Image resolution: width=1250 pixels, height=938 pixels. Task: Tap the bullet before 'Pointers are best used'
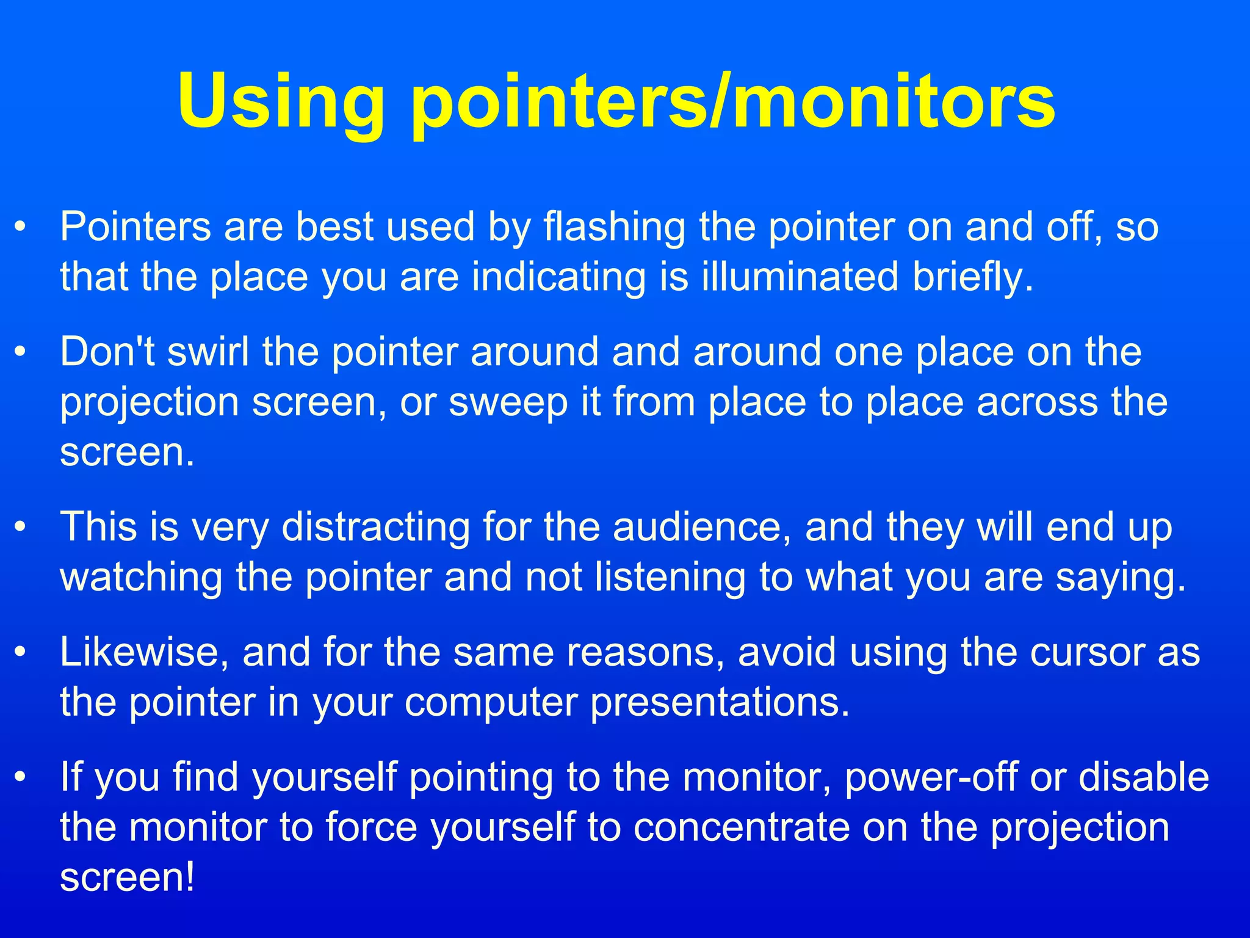pyautogui.click(x=21, y=227)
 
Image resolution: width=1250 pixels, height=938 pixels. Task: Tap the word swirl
pyautogui.click(x=208, y=352)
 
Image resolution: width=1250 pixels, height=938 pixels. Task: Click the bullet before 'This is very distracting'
pyautogui.click(x=21, y=527)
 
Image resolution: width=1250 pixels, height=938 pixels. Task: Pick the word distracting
pyautogui.click(x=375, y=527)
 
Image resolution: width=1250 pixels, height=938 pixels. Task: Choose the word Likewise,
pyautogui.click(x=145, y=652)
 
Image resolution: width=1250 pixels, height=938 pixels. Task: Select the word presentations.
pyautogui.click(x=720, y=702)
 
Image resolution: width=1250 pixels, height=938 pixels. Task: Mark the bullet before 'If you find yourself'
pyautogui.click(x=21, y=777)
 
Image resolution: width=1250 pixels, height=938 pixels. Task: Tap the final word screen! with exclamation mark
pyautogui.click(x=128, y=878)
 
